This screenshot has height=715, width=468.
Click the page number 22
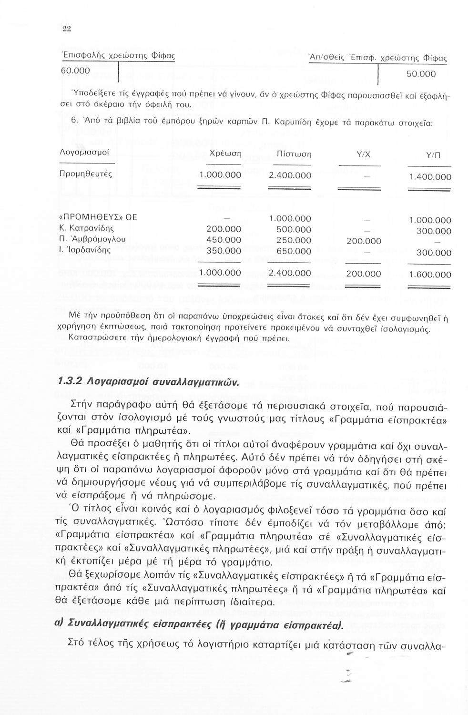coord(67,28)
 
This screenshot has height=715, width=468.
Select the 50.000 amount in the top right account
coord(421,74)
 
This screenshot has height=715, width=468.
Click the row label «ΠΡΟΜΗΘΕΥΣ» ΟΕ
coord(97,217)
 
